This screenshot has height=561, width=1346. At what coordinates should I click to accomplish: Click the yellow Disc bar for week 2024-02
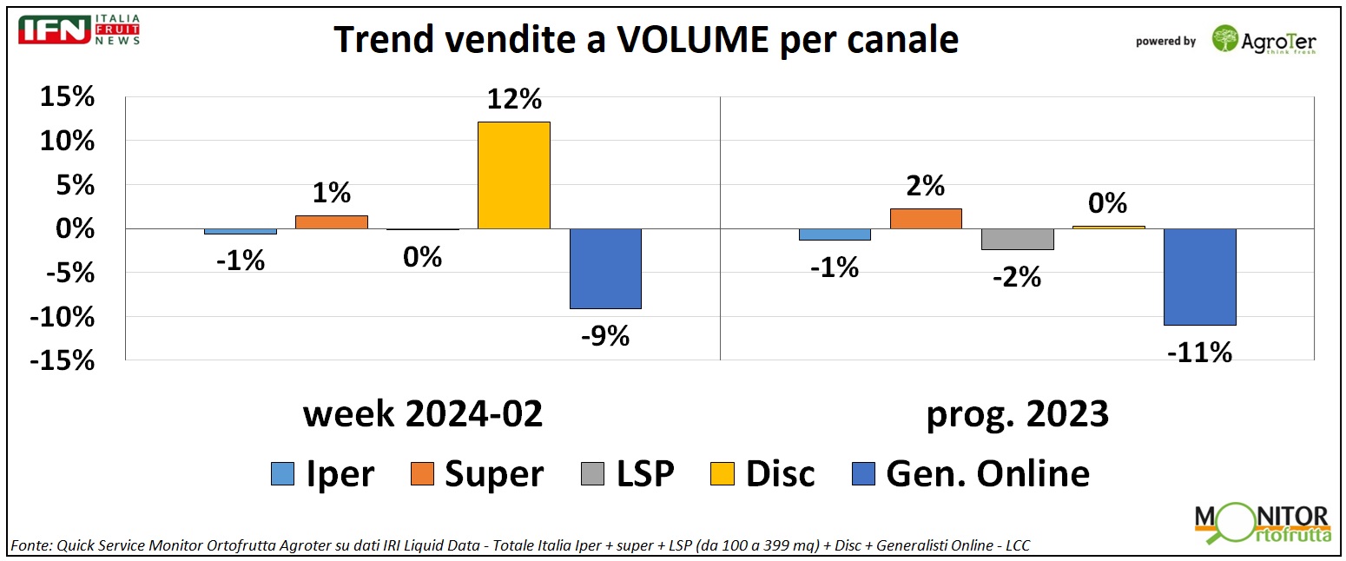click(513, 175)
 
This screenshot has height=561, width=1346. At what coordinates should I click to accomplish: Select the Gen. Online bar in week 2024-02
click(604, 268)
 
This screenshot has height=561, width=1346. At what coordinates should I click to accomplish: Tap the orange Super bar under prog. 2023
click(925, 219)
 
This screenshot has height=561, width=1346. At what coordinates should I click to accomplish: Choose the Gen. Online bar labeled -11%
click(1199, 276)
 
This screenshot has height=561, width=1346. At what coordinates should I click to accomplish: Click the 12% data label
click(513, 100)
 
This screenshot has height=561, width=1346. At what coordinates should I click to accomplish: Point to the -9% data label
click(604, 335)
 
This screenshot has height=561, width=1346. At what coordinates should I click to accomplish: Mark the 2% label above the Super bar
click(925, 186)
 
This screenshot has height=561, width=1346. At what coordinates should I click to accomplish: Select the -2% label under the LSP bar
click(1017, 277)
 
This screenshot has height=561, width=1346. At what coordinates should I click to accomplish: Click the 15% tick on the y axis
click(67, 97)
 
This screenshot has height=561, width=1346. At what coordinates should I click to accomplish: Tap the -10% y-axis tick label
click(62, 317)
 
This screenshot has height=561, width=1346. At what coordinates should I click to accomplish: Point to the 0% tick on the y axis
click(73, 229)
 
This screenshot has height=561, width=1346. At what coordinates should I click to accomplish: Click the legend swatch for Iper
click(283, 474)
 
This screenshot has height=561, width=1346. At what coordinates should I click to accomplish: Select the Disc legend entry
click(780, 474)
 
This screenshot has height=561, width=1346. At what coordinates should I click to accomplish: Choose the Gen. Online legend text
click(987, 474)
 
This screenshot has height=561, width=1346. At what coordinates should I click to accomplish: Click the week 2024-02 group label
click(423, 414)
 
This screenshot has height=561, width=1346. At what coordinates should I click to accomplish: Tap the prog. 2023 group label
click(1017, 414)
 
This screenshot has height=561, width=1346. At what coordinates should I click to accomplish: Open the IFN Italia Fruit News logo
click(79, 30)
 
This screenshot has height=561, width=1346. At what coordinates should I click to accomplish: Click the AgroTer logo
click(1264, 39)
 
